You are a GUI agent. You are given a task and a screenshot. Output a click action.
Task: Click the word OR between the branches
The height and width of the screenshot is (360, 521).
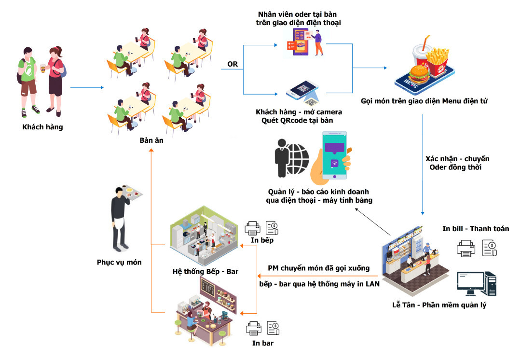click(233, 64)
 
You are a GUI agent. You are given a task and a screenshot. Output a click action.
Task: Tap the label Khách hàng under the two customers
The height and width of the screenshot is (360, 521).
click(42, 127)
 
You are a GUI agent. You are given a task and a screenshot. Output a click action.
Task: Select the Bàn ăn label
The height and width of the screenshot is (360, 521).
click(151, 140)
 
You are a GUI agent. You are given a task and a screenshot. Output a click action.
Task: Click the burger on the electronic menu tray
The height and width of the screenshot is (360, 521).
click(419, 74)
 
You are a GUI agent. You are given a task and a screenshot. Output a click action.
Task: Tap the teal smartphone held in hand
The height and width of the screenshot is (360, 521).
click(334, 155)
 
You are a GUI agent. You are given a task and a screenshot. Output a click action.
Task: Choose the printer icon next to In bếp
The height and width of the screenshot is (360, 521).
click(252, 228)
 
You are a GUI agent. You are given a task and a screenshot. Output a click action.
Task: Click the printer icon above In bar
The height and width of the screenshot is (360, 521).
click(254, 328)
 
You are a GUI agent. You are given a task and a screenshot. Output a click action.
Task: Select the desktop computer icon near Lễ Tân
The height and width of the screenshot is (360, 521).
click(477, 284)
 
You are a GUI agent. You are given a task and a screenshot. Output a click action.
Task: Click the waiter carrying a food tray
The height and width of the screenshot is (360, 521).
click(123, 218)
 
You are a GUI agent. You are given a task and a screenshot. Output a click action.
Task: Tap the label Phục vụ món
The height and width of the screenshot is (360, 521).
click(119, 262)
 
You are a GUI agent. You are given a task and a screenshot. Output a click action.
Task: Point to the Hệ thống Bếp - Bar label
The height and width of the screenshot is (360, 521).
click(206, 272)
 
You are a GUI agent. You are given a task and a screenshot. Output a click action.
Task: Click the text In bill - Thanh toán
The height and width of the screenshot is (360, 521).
click(476, 229)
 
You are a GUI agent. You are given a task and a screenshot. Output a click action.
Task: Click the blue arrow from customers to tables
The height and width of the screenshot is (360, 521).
click(87, 87)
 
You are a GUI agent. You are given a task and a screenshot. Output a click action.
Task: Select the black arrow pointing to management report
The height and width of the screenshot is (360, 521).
click(372, 222)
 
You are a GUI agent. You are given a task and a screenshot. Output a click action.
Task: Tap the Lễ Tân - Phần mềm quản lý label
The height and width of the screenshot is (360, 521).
click(439, 305)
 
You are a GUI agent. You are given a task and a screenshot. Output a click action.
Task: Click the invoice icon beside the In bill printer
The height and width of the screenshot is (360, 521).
click(490, 249)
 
